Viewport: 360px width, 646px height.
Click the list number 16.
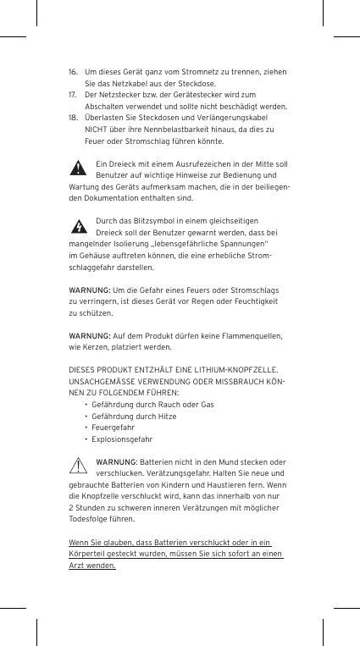coord(74,74)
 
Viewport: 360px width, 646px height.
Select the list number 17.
coord(74,97)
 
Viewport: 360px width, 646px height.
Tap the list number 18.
coord(74,119)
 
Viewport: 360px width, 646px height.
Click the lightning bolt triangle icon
coord(79,226)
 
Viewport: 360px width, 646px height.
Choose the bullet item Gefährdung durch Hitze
coord(134,417)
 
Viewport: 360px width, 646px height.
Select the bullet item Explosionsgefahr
coord(122,440)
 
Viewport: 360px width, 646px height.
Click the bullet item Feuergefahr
coord(113,429)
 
